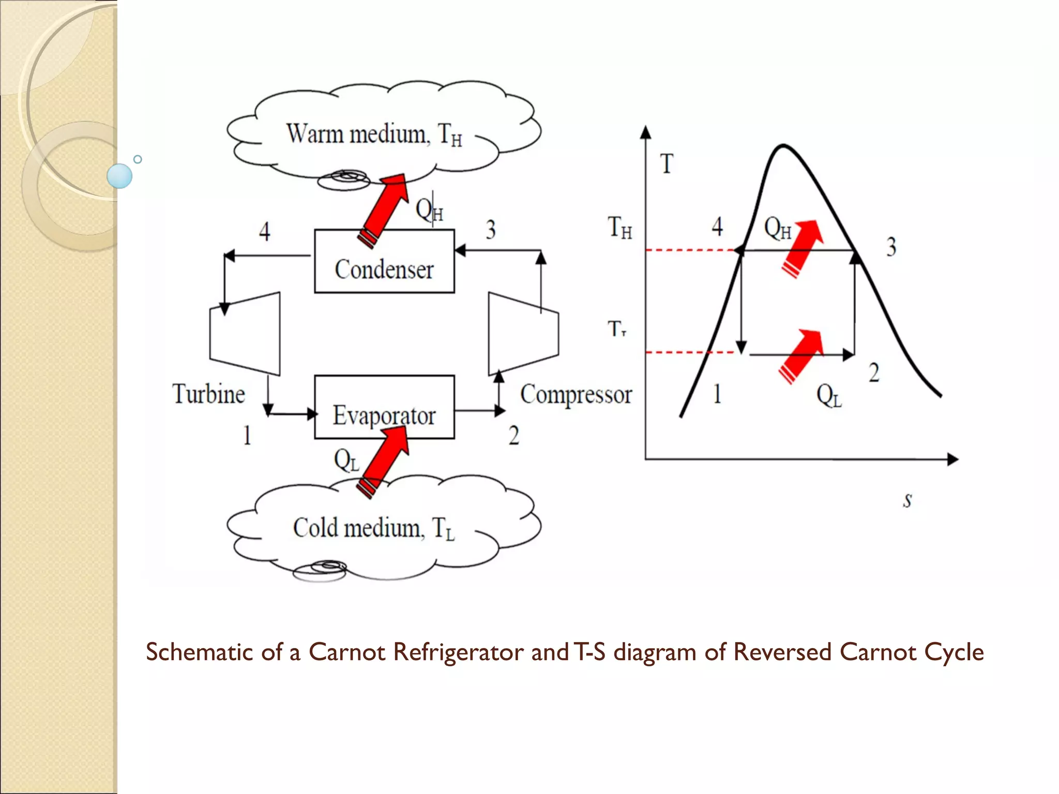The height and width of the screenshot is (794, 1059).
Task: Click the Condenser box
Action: pyautogui.click(x=384, y=262)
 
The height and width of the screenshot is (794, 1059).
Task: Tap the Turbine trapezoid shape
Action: pyautogui.click(x=245, y=334)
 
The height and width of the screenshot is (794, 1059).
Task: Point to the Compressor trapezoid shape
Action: pyautogui.click(x=523, y=334)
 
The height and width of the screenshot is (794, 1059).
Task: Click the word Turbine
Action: pyautogui.click(x=208, y=394)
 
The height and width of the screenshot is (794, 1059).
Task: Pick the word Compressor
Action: pyautogui.click(x=576, y=394)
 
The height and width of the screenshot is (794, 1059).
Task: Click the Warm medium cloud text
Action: pyautogui.click(x=374, y=134)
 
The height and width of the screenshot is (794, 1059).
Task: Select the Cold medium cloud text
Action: pyautogui.click(x=374, y=528)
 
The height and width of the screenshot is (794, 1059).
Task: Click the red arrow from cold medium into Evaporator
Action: pyautogui.click(x=385, y=460)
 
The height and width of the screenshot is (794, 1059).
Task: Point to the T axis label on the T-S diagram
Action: pyautogui.click(x=667, y=164)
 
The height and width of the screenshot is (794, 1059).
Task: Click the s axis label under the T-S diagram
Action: pyautogui.click(x=907, y=500)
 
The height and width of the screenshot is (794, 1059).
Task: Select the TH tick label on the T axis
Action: pyautogui.click(x=619, y=227)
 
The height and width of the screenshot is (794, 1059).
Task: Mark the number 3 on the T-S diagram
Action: pyautogui.click(x=891, y=247)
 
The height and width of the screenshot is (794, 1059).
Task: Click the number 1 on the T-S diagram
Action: pyautogui.click(x=717, y=394)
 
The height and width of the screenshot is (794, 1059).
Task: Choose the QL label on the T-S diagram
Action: pyautogui.click(x=829, y=396)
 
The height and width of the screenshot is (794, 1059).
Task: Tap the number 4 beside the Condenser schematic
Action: pyautogui.click(x=264, y=231)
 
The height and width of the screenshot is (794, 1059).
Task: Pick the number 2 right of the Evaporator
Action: pyautogui.click(x=513, y=435)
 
